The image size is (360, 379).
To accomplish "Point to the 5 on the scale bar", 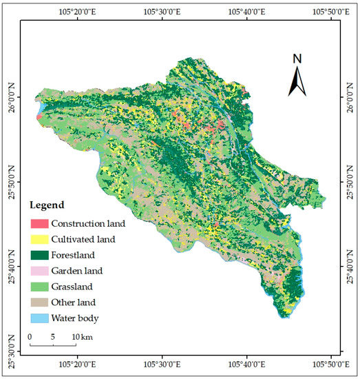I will [53, 336].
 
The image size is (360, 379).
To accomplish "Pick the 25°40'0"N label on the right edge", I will [349, 265].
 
